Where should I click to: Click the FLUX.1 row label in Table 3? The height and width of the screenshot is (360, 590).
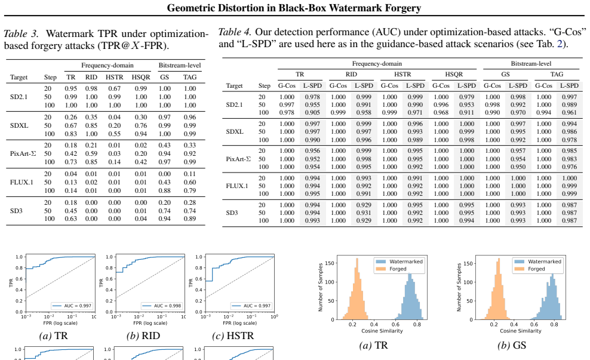21,182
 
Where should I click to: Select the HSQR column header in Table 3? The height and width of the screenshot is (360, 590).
141,77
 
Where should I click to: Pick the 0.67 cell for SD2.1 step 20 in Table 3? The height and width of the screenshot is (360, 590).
115,88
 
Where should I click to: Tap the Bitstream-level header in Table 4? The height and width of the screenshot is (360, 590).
531,63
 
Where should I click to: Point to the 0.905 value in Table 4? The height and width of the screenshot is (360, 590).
312,112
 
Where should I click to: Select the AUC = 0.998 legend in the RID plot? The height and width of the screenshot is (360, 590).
162,306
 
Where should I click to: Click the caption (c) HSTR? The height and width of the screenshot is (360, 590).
233,336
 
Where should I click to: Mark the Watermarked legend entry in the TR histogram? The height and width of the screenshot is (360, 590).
400,261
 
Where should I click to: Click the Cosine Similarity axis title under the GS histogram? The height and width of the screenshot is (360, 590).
520,331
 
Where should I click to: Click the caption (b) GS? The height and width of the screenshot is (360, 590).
512,345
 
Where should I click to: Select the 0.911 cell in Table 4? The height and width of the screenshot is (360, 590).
466,112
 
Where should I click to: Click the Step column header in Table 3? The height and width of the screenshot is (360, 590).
50,78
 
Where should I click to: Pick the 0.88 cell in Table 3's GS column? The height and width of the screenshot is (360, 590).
164,190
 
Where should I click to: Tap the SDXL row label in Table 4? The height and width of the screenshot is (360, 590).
235,132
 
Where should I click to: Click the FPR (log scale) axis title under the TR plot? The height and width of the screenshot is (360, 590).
60,323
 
